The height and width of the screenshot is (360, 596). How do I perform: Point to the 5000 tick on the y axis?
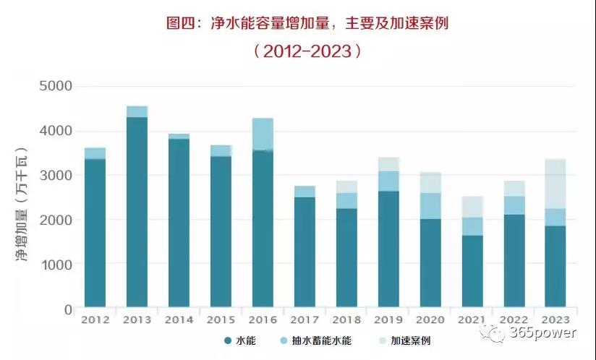55,87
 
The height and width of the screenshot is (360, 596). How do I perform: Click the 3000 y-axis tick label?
55,176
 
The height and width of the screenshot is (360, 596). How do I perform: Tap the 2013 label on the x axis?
137,320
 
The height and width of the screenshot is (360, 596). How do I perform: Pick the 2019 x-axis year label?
388,320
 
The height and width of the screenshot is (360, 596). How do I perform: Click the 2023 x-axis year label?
555,320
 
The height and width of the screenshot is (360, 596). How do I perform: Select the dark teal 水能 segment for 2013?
137,213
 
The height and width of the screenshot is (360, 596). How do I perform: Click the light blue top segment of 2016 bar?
263,134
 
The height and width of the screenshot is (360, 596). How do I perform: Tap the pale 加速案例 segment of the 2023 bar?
555,184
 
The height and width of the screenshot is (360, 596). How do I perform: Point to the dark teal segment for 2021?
472,272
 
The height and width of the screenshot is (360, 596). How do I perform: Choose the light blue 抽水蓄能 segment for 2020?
430,206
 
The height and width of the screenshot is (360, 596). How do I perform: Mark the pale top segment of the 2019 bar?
388,164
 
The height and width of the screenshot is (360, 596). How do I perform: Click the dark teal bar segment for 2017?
305,253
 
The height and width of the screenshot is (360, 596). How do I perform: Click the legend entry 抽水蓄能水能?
323,340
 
